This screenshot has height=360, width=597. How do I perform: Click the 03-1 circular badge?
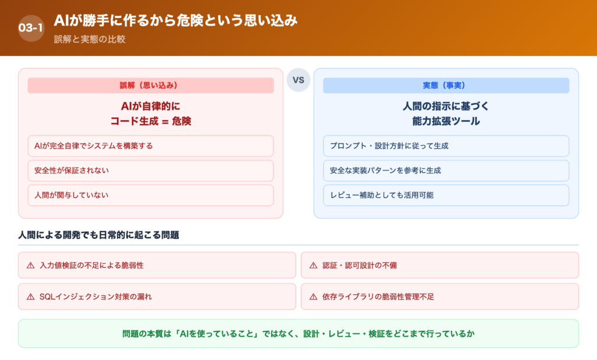tap(31, 28)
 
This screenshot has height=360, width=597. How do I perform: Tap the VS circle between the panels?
tap(298, 81)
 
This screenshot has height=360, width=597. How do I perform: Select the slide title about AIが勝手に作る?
tap(175, 21)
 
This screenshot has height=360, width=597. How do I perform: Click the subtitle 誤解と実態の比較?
tap(90, 40)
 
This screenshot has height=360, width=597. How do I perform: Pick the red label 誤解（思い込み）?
tap(150, 85)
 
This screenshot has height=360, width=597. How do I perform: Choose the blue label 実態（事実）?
tap(446, 85)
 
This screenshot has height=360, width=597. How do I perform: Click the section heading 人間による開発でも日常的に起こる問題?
tap(99, 235)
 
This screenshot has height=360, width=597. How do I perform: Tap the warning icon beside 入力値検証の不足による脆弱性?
tap(31, 265)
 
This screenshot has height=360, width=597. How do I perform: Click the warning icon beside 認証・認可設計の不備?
tap(314, 265)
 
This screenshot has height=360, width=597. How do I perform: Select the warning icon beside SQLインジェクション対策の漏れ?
tap(31, 296)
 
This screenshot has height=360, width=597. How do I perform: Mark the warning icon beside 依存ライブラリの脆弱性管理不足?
tap(314, 296)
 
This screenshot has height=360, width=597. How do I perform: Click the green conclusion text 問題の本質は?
tap(298, 334)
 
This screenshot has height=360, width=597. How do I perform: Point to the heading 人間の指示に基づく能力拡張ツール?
tap(446, 114)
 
